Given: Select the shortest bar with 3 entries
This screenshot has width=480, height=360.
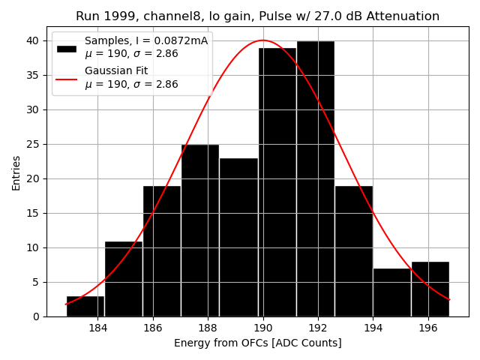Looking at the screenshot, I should (x=85, y=306).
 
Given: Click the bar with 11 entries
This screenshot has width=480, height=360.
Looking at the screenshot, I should (x=124, y=278).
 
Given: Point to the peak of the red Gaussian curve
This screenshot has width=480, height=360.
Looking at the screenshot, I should (x=262, y=40).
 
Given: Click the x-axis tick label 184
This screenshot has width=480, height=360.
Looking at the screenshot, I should (x=97, y=328).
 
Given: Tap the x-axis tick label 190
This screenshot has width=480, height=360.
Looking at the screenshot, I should (x=262, y=328).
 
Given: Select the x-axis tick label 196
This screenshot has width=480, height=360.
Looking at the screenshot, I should (x=428, y=328).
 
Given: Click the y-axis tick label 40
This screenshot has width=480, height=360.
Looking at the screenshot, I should (x=34, y=40).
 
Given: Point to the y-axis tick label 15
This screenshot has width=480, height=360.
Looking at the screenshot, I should (x=34, y=213).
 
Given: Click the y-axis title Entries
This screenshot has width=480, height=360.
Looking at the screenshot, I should (x=16, y=172).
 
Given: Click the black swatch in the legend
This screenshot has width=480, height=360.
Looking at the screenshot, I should (x=67, y=48).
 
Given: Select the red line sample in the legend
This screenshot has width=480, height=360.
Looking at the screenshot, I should (x=67, y=77).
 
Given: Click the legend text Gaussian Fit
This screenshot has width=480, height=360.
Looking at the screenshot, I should (x=116, y=70).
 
